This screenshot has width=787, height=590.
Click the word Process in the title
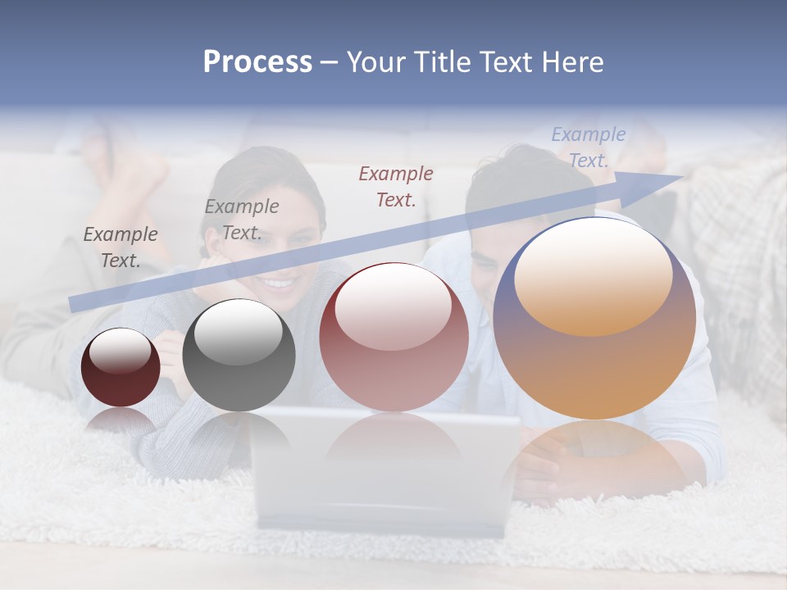click(257, 62)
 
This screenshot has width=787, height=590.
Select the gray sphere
click(239, 355)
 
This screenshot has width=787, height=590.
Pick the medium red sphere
click(394, 337)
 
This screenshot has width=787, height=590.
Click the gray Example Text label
click(241, 220)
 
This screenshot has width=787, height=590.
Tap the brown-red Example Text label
click(396, 186)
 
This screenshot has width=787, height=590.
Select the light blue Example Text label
click(589, 147)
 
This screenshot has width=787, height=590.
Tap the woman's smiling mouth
click(279, 284)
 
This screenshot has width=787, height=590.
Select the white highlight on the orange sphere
click(593, 277)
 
